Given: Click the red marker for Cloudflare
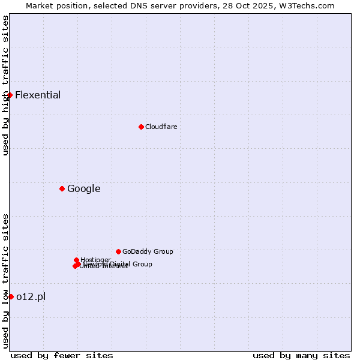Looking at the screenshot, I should pyautogui.click(x=141, y=127).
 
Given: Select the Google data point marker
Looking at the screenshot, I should pyautogui.click(x=62, y=188).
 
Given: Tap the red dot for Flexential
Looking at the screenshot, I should pyautogui.click(x=10, y=95).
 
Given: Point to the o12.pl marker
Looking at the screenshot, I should pyautogui.click(x=11, y=296).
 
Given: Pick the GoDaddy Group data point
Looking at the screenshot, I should pyautogui.click(x=118, y=251).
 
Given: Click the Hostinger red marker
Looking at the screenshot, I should pyautogui.click(x=76, y=260).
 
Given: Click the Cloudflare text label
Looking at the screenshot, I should pyautogui.click(x=161, y=127).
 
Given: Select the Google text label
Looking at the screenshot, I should pyautogui.click(x=83, y=189).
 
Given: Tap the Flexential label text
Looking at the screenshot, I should pyautogui.click(x=38, y=95).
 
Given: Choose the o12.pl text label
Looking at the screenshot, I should pyautogui.click(x=31, y=296).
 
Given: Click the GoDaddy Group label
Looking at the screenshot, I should pyautogui.click(x=148, y=251).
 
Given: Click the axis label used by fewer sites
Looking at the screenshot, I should pyautogui.click(x=62, y=355).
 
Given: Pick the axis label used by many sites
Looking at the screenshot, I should pyautogui.click(x=301, y=355).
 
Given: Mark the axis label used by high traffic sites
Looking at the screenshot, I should pyautogui.click(x=6, y=85).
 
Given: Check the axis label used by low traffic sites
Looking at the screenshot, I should pyautogui.click(x=6, y=281).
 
